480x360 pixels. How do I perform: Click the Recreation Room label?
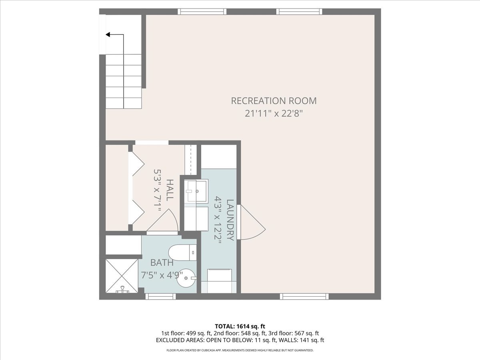click(274, 101)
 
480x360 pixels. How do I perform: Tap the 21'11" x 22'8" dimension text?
click(274, 113)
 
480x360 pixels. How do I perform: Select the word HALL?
click(170, 190)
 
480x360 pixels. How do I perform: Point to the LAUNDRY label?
click(230, 220)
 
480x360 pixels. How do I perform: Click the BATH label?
click(162, 263)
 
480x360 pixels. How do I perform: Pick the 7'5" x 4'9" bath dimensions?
click(162, 276)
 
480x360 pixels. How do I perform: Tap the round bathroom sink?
click(187, 276)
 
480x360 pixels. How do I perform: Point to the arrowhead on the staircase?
click(108, 35)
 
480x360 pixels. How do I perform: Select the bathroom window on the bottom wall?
click(160, 296)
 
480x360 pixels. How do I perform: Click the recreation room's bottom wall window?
click(304, 296)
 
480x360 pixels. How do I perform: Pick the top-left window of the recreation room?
click(202, 12)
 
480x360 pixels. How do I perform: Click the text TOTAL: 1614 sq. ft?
click(240, 326)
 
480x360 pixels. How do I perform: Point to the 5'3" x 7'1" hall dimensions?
click(158, 190)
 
